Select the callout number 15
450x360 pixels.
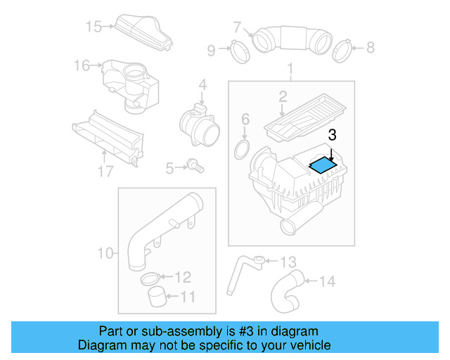[x=94, y=27]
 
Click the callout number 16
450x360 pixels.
[x=82, y=65]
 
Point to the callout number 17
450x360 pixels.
[x=105, y=171]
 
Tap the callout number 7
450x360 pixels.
[x=237, y=28]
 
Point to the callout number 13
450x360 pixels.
[x=288, y=262]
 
